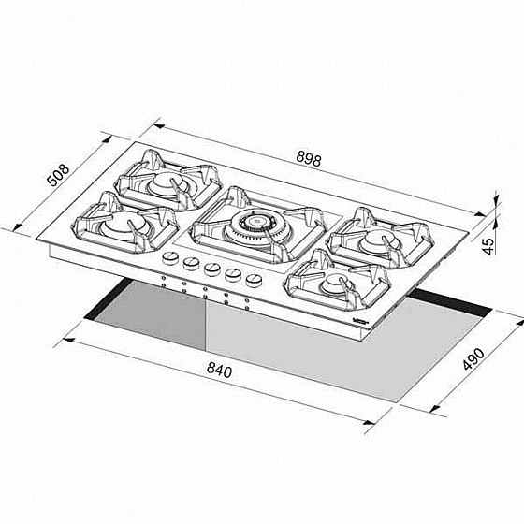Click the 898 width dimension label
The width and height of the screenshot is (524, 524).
click(309, 159)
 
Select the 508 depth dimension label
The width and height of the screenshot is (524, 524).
click(58, 174)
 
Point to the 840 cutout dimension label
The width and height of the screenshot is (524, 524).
click(219, 370)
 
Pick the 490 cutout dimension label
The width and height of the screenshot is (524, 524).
click(473, 359)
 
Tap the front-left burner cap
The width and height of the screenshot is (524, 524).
click(124, 225)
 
